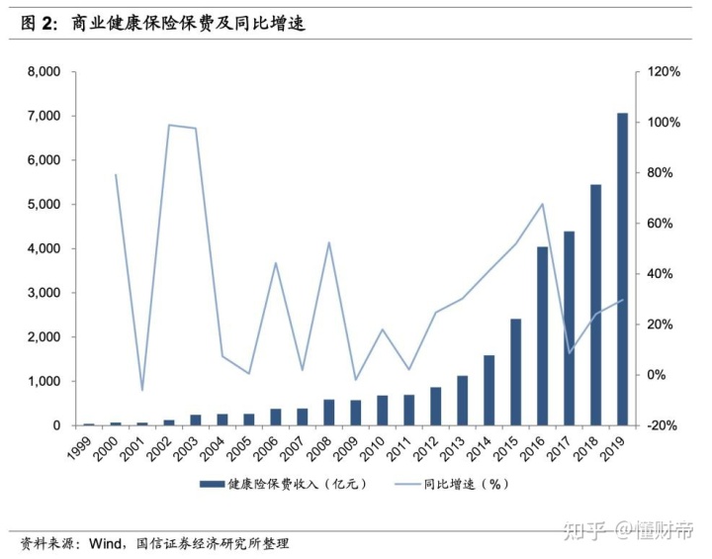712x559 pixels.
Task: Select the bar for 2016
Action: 543,335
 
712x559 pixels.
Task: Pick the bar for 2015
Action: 515,372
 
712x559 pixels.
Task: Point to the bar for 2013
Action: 462,401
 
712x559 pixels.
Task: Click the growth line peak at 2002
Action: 169,126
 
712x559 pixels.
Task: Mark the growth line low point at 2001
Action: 142,390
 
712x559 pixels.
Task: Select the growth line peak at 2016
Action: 543,205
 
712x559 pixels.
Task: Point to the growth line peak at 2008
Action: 329,242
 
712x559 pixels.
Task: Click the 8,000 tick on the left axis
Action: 43,72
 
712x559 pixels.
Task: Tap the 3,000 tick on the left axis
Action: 43,293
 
